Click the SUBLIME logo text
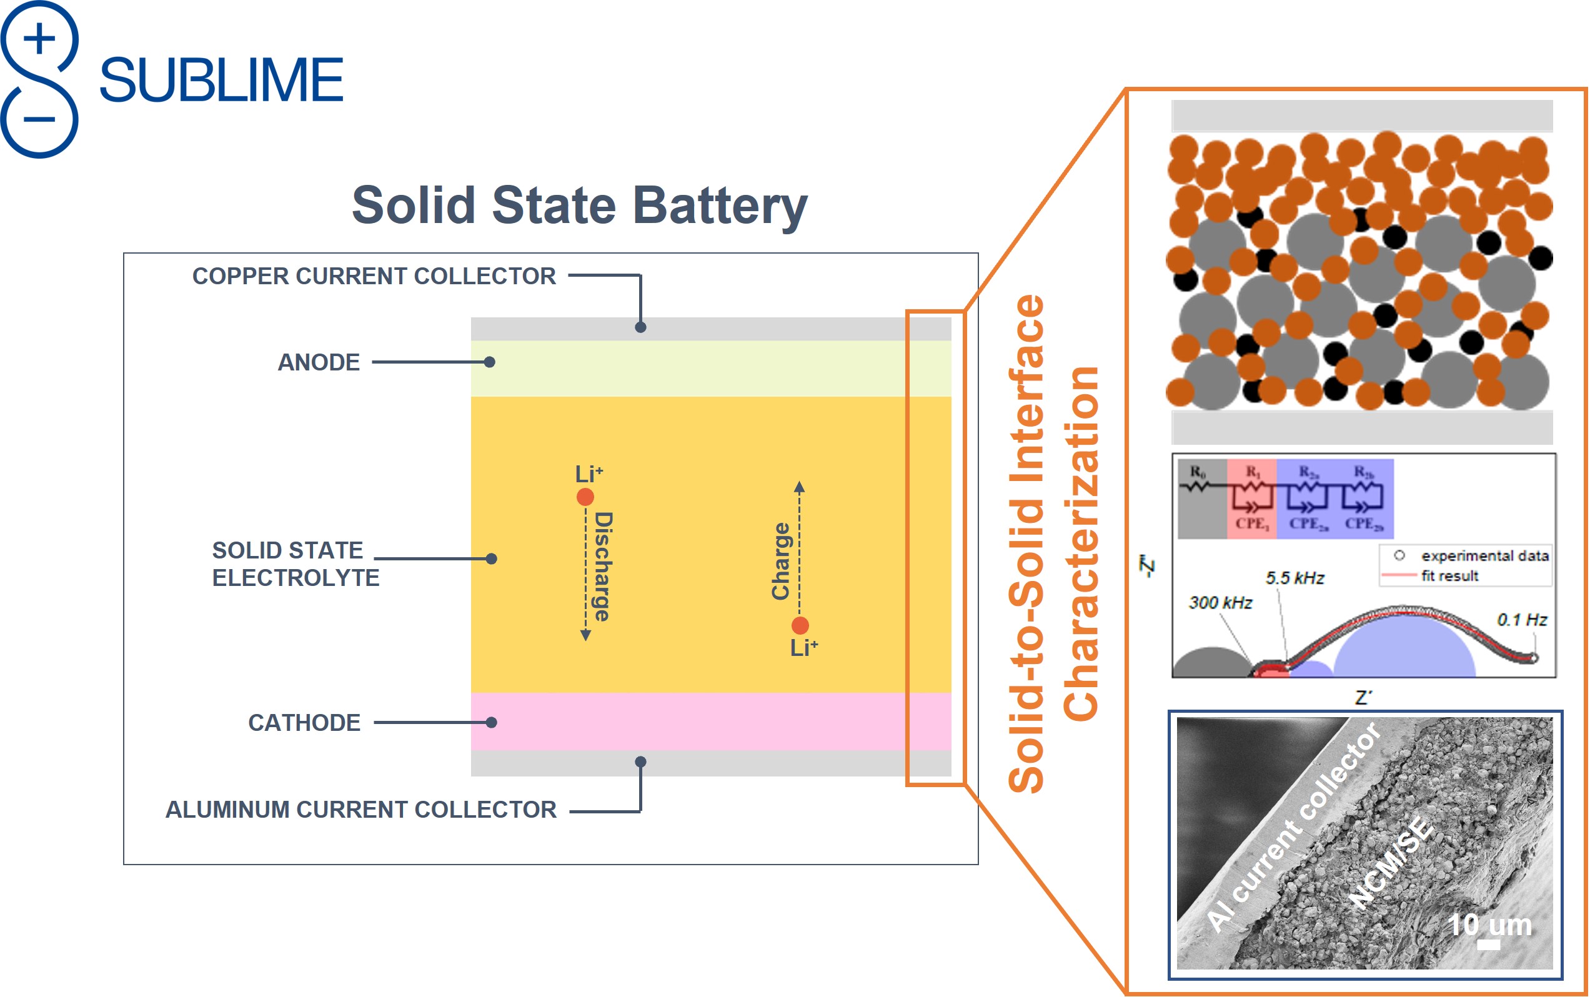(221, 80)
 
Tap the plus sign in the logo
(39, 38)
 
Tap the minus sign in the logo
(39, 119)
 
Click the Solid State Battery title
(579, 205)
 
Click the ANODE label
(319, 362)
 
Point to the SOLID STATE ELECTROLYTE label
(295, 563)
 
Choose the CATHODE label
(304, 723)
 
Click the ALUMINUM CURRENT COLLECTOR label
(360, 809)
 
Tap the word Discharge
(603, 567)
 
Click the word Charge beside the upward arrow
(781, 561)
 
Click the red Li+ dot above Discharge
(585, 497)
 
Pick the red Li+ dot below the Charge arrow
(800, 625)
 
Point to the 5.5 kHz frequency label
(1294, 578)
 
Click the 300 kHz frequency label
(1220, 603)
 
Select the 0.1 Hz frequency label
(1521, 620)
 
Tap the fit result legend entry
(1449, 576)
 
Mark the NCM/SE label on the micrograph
(1389, 863)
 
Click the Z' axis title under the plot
(1363, 698)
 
